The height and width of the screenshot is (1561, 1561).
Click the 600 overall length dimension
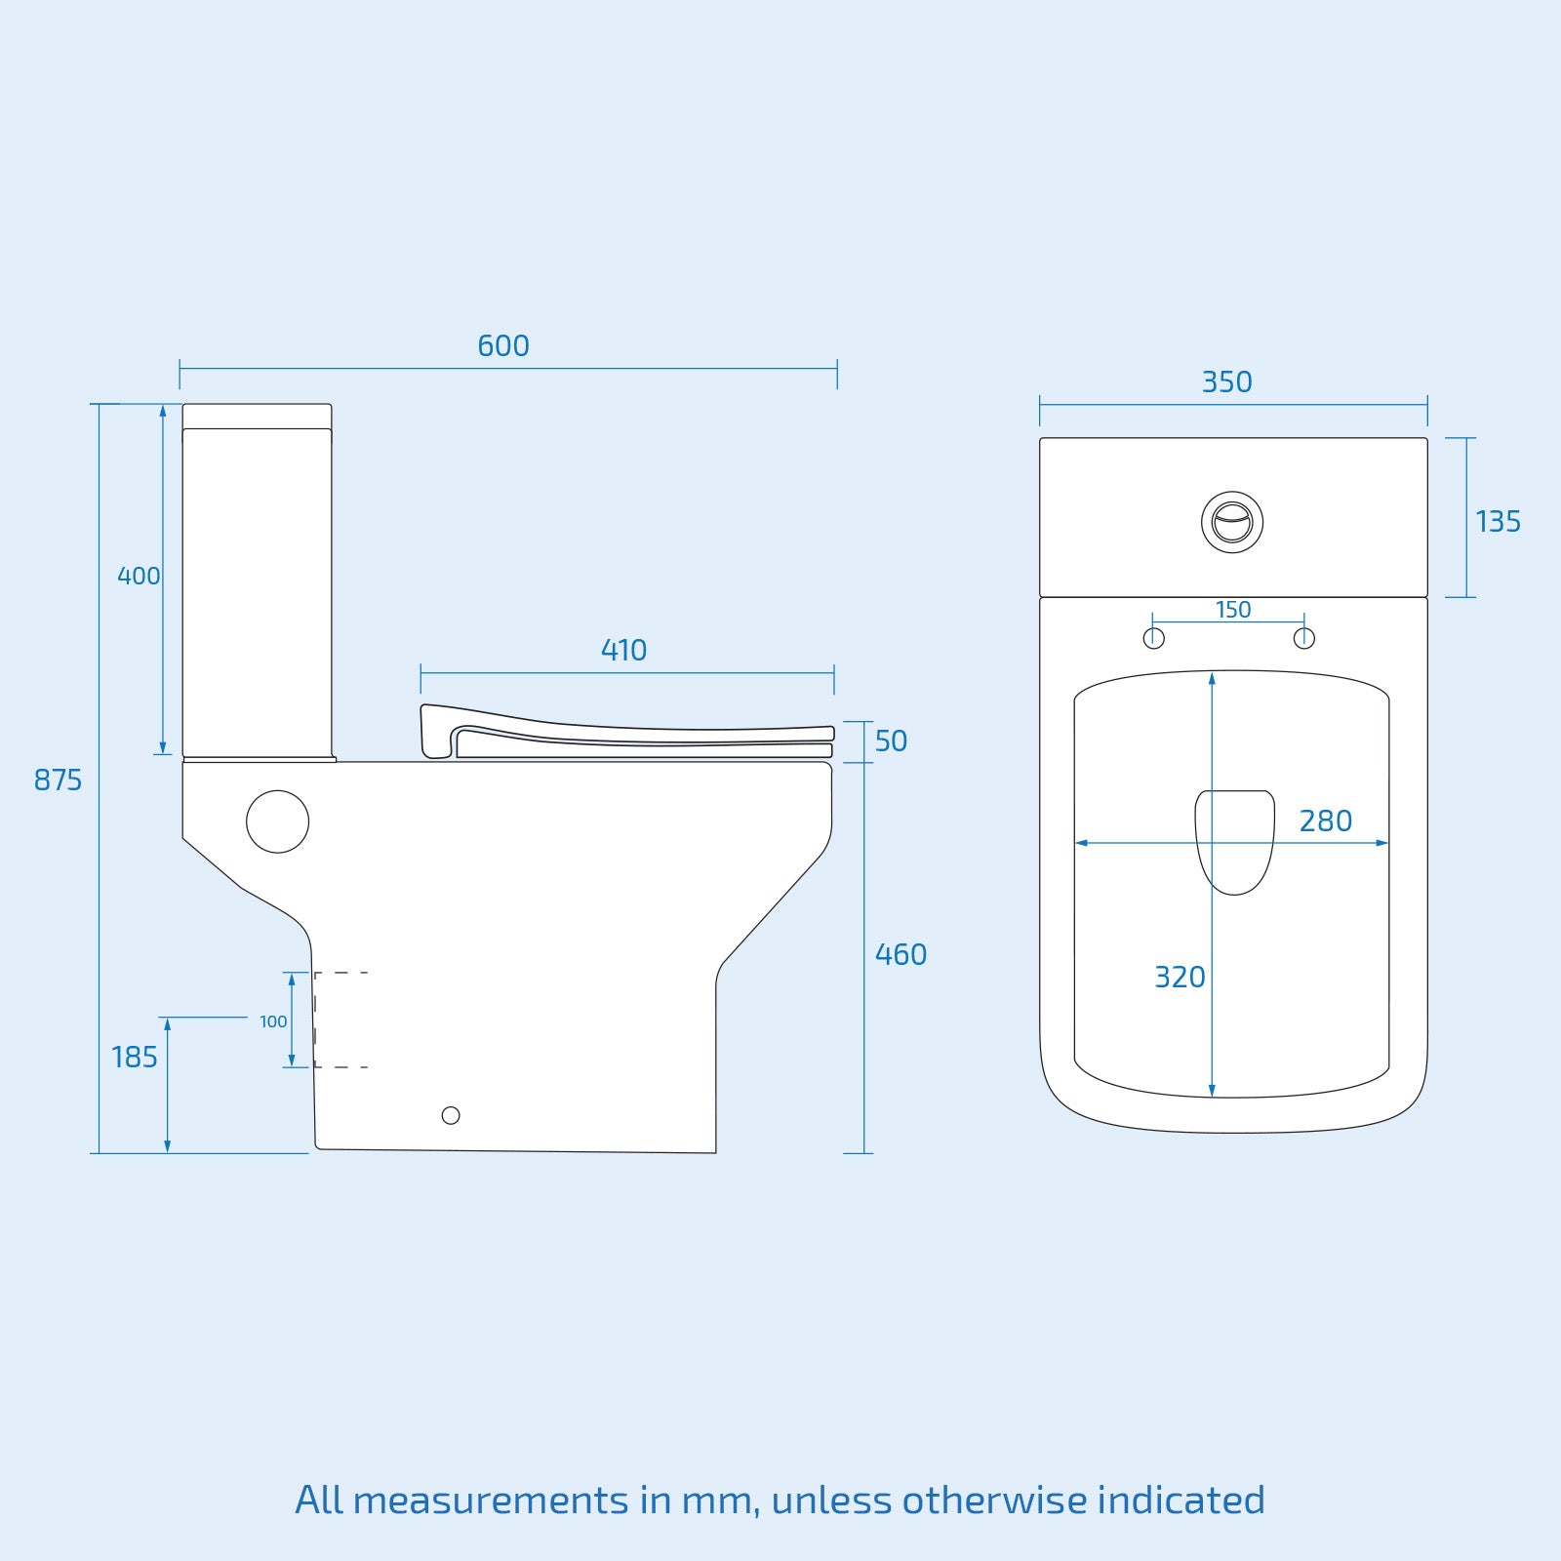502,346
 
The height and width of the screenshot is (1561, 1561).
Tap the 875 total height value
58,780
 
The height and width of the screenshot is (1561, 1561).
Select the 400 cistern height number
138,577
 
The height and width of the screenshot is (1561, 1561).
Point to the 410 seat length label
623,651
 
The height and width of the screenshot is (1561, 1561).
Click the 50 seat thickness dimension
890,741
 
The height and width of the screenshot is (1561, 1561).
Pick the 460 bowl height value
900,955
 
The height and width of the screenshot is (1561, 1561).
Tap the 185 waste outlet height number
134,1058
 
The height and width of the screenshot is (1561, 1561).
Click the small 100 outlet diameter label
273,1021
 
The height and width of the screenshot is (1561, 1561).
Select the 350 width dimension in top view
1226,382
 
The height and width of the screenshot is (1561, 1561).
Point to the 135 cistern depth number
1498,522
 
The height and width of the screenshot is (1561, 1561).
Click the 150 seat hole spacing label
1232,610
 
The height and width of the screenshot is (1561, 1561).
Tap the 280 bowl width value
1325,821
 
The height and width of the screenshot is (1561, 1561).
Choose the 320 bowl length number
1180,978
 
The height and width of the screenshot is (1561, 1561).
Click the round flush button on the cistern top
1232,522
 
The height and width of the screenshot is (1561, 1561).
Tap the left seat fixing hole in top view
1154,639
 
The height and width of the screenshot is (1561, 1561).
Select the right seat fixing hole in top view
1304,639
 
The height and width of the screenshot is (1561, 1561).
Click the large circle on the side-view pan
278,821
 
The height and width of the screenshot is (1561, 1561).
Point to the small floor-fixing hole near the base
451,1115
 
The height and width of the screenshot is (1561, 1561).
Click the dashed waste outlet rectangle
340,1020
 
